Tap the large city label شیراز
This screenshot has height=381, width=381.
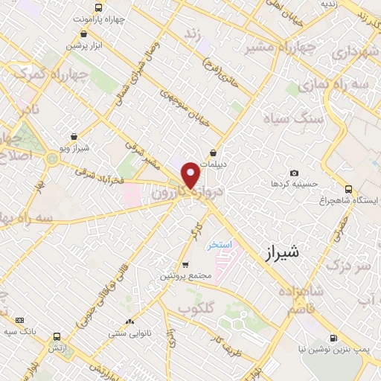coord(281,253)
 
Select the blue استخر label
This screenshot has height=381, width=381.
coord(220,244)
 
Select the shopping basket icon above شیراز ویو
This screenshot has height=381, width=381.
coord(74,137)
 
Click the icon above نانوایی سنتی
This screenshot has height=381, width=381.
coord(131,321)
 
